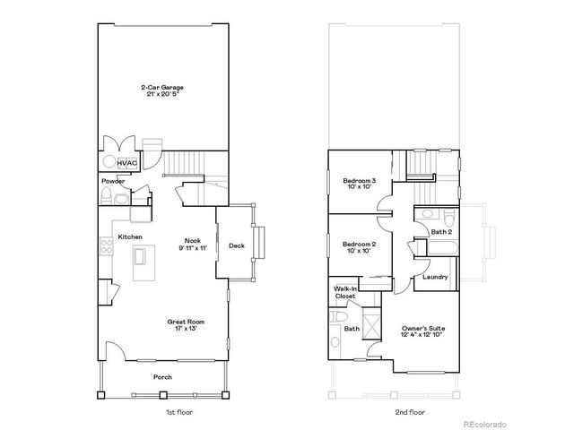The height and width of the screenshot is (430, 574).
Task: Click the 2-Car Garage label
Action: click(162, 87)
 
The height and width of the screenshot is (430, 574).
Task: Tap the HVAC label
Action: click(126, 163)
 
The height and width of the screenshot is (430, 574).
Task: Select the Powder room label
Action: click(113, 181)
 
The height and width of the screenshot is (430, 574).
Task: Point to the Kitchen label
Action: click(130, 237)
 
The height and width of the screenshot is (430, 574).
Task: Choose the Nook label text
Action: click(193, 240)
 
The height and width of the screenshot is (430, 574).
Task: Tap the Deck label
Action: click(237, 245)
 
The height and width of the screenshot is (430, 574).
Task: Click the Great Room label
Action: click(186, 321)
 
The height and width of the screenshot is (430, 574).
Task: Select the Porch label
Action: click(162, 377)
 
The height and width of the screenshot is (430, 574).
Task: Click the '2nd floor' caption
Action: click(410, 412)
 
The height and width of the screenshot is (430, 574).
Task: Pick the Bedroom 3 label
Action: click(360, 182)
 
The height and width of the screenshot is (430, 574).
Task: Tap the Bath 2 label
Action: click(441, 232)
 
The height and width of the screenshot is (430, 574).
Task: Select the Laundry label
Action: click(435, 277)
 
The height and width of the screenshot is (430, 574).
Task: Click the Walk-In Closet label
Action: click(344, 292)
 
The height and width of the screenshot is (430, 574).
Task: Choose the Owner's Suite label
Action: click(423, 329)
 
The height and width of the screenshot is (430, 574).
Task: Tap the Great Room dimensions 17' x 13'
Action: click(186, 329)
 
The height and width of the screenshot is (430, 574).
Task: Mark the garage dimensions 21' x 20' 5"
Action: click(162, 95)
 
